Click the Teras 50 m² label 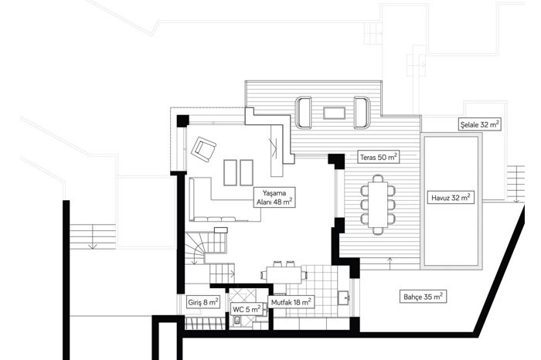[378, 157]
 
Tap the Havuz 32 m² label [451, 198]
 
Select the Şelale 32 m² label [480, 124]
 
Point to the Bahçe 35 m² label [423, 296]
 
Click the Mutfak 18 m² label [291, 302]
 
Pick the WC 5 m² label [247, 309]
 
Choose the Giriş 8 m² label [202, 302]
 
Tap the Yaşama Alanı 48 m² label [274, 197]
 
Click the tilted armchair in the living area [203, 149]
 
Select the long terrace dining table [378, 204]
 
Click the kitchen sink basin [343, 297]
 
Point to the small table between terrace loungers [334, 113]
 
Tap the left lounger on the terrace [303, 113]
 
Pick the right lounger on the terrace [362, 113]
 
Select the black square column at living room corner [183, 121]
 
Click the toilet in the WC [237, 321]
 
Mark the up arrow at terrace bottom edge [390, 261]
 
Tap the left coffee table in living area [230, 172]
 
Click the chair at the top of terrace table [378, 178]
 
